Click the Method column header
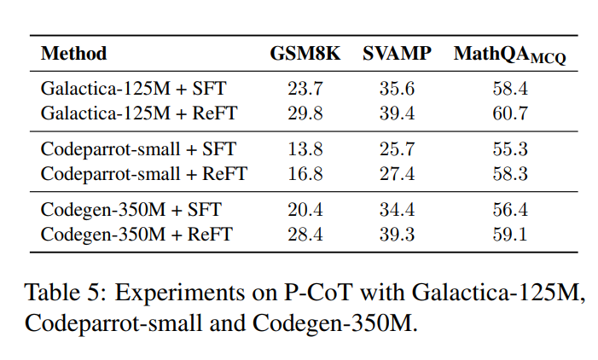pos(74,54)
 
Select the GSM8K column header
pos(305,54)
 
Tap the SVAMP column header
pos(396,54)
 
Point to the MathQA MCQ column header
pos(509,55)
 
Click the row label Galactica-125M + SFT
pos(133,87)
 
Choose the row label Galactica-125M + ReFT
pos(138,113)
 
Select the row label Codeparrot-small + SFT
pos(138,148)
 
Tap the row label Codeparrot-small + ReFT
pos(143,174)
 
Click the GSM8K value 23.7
pos(305,87)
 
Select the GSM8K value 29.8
pos(305,113)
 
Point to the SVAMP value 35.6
pos(396,87)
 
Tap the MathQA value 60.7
pos(509,113)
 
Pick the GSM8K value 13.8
pos(305,148)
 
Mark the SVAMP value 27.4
pos(396,174)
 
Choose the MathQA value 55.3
pos(509,148)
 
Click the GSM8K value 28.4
pos(305,235)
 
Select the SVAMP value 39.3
pos(396,235)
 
